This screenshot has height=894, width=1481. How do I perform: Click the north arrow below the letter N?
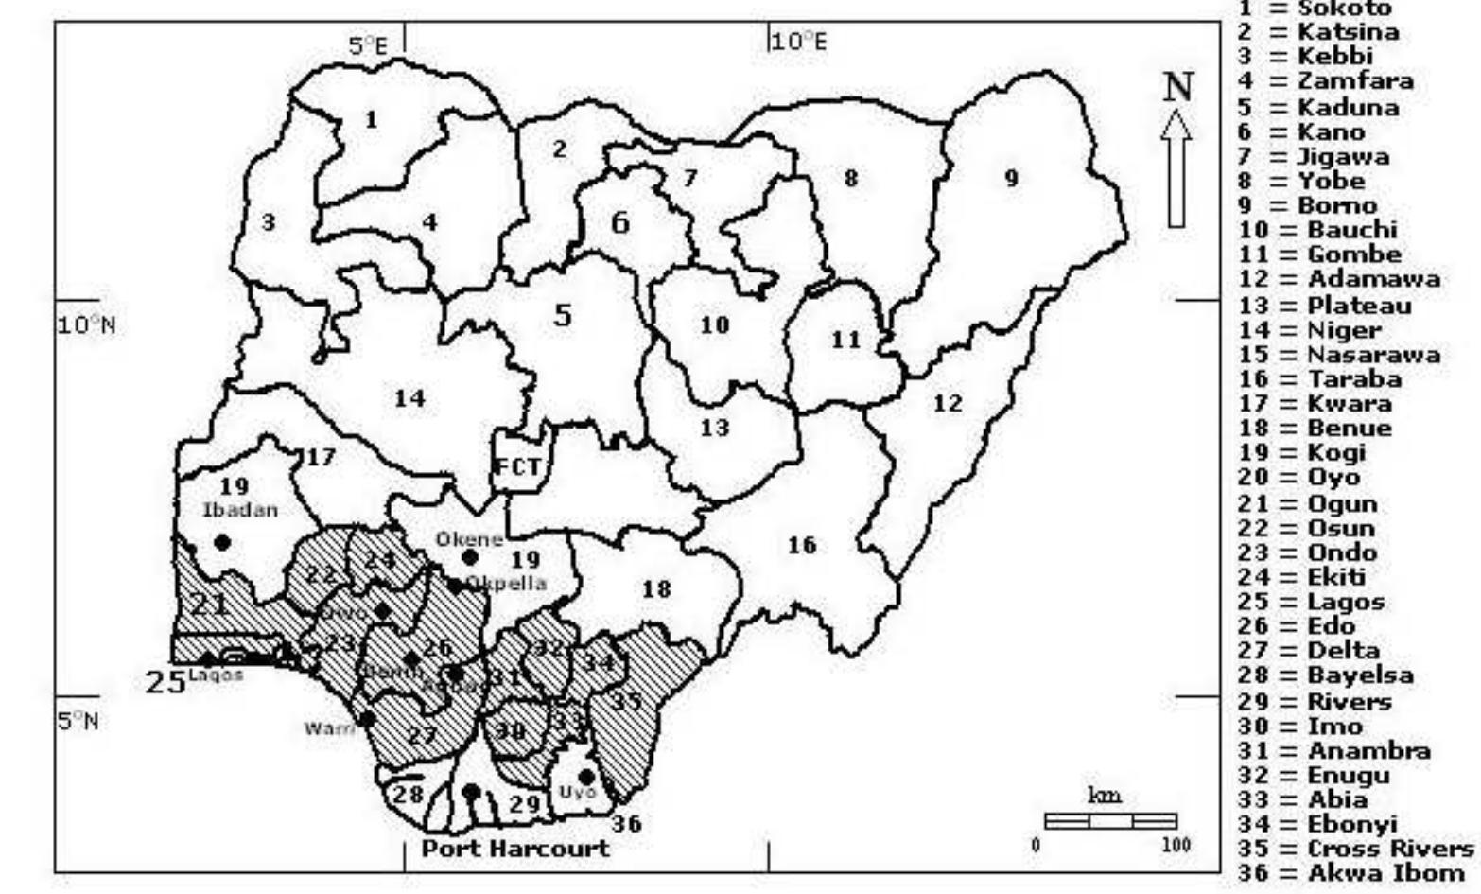click(x=1176, y=168)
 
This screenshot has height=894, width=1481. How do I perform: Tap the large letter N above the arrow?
click(x=1177, y=88)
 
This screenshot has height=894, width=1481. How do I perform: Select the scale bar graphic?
click(x=1110, y=821)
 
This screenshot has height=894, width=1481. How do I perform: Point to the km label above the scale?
click(x=1105, y=796)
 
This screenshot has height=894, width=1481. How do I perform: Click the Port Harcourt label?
click(x=515, y=848)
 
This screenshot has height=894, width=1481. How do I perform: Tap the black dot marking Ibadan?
click(x=222, y=542)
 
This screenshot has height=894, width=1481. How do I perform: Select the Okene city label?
click(x=468, y=539)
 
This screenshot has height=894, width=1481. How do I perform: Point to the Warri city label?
click(x=329, y=728)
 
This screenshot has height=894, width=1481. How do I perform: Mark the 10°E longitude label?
click(x=799, y=42)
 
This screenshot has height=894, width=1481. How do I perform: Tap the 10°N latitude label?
click(x=86, y=325)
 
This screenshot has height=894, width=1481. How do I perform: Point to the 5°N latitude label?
click(x=78, y=722)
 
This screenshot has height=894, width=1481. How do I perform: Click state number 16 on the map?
click(x=801, y=546)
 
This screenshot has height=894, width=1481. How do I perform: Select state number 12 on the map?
click(x=948, y=404)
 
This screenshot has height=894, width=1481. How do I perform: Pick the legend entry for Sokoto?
click(x=1315, y=9)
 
